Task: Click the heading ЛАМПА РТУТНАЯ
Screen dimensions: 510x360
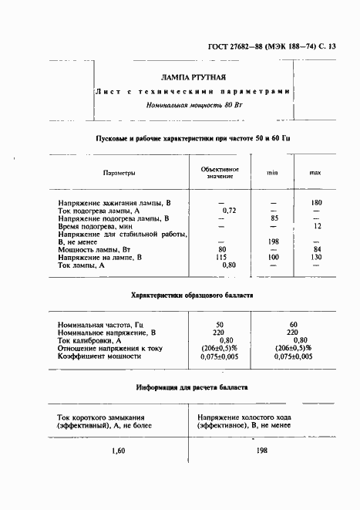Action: click(x=193, y=78)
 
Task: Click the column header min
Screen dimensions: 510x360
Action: click(x=273, y=174)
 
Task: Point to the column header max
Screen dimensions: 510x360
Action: click(x=315, y=174)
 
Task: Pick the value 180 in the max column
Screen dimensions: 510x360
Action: click(x=316, y=202)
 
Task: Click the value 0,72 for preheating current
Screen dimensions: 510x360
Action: click(x=228, y=211)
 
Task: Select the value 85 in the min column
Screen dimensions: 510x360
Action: click(x=273, y=218)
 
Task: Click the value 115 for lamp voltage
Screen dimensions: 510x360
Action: click(x=221, y=257)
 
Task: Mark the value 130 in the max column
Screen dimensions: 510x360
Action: click(x=316, y=257)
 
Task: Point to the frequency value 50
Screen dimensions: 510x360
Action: click(x=220, y=324)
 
